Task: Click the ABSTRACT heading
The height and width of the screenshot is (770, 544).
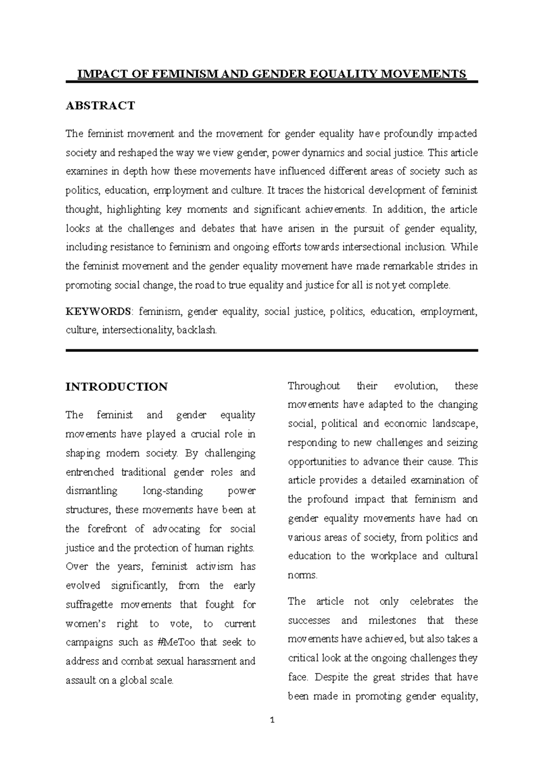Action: point(100,106)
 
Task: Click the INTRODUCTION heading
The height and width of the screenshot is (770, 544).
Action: point(117,387)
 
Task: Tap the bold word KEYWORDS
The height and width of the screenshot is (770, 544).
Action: point(98,311)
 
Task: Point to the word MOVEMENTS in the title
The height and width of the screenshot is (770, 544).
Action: point(427,74)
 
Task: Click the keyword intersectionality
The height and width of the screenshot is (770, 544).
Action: point(137,331)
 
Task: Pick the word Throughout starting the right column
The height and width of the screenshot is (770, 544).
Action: point(314,386)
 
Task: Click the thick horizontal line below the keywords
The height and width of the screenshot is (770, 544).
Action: point(272,350)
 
